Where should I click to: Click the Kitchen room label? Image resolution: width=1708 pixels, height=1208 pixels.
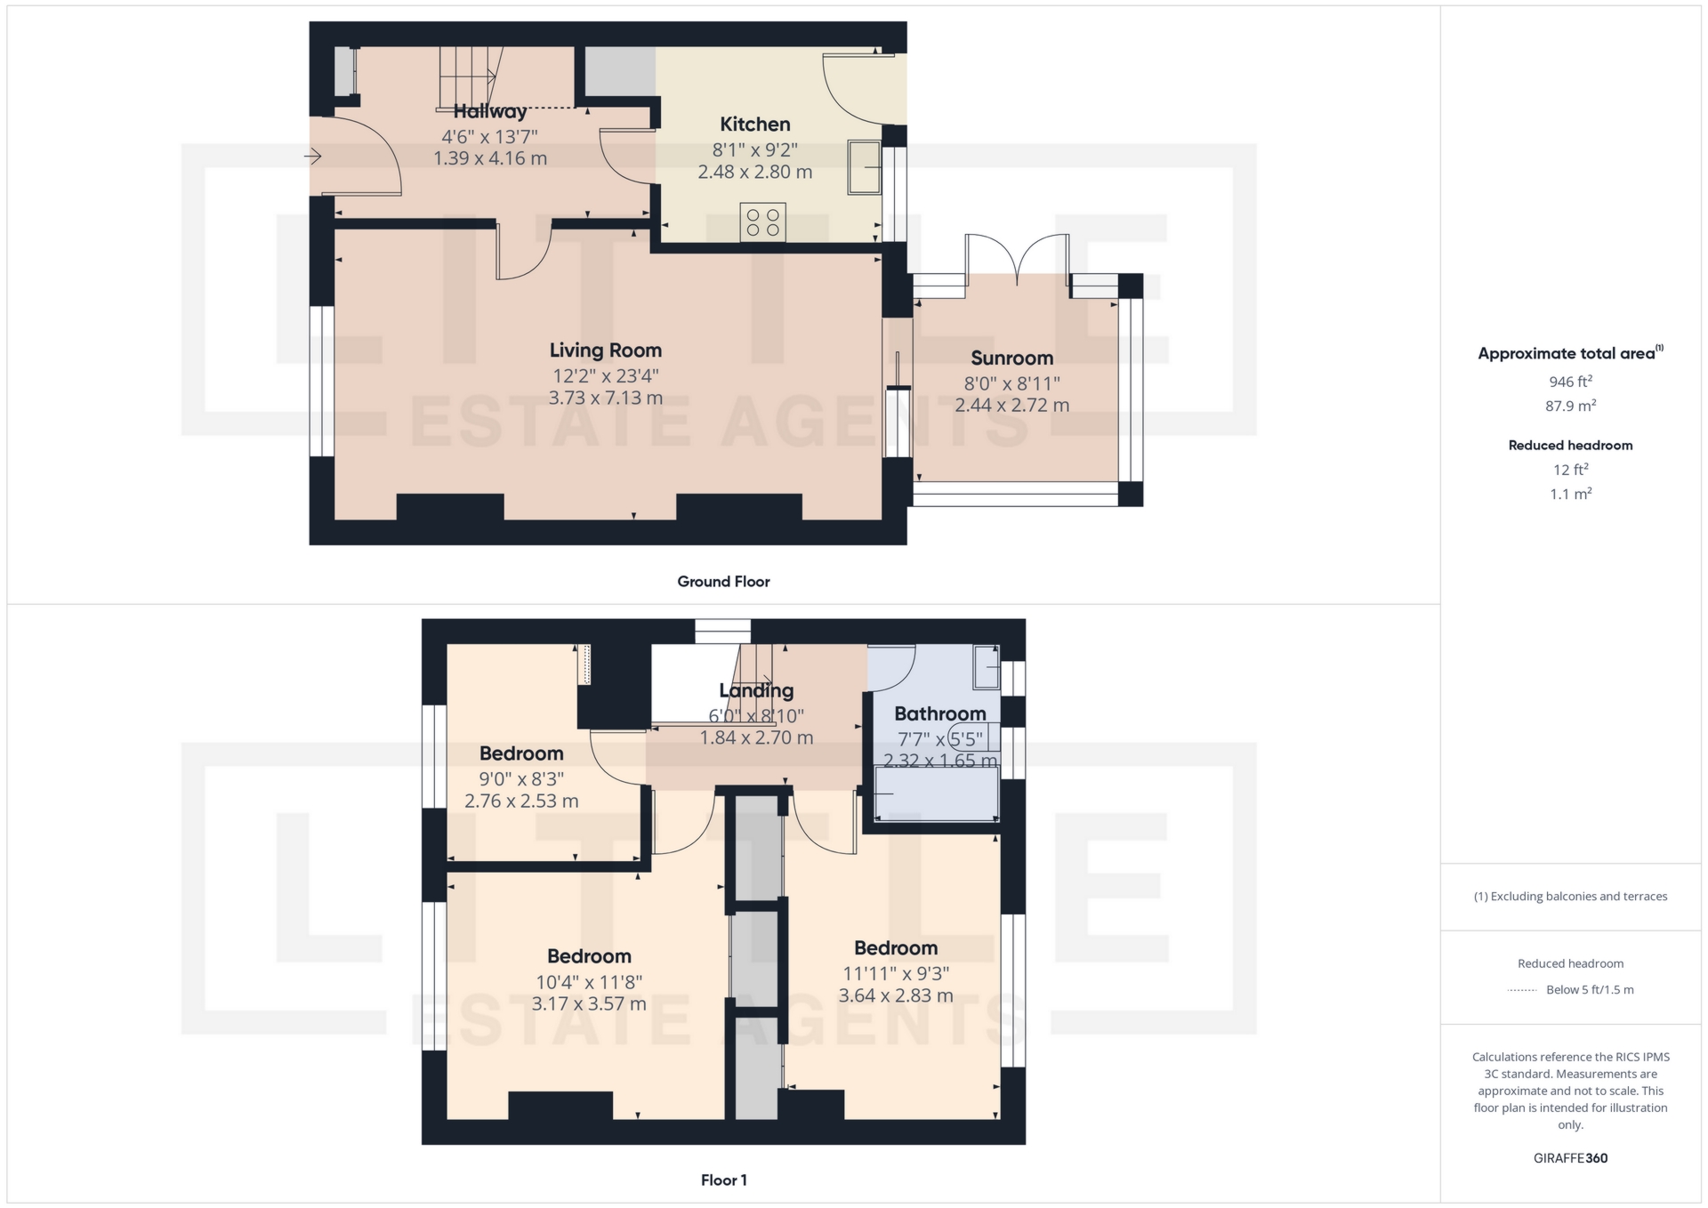[754, 125]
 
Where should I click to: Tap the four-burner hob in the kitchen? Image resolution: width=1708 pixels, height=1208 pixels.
[763, 222]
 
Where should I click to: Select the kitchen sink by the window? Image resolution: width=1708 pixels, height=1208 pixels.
[864, 166]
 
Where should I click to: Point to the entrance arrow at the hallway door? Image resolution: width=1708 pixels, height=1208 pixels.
[312, 157]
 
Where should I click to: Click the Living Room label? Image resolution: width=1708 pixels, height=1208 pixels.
[605, 350]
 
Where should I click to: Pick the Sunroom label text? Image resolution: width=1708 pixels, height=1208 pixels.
[1011, 358]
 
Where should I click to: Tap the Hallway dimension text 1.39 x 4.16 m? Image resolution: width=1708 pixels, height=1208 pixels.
[490, 158]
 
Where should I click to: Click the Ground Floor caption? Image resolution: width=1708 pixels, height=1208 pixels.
[723, 582]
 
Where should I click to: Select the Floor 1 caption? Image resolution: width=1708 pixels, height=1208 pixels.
[723, 1180]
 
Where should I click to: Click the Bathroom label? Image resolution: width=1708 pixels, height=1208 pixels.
[939, 713]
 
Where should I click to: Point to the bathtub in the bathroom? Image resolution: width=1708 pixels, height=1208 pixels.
[937, 793]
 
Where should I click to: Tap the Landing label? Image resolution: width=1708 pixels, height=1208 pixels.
[756, 690]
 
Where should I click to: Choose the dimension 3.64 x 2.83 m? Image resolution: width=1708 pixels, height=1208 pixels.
[896, 996]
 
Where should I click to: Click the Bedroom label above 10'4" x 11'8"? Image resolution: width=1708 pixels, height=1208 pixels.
[589, 956]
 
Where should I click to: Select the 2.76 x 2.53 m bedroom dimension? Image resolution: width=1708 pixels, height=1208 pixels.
[521, 801]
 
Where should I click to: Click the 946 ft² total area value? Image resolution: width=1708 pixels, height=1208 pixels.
[1570, 382]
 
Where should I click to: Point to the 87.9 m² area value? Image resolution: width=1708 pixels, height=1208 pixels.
[1570, 406]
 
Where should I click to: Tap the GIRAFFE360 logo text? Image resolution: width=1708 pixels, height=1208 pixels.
[1570, 1158]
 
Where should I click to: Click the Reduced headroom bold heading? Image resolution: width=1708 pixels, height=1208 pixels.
[1570, 446]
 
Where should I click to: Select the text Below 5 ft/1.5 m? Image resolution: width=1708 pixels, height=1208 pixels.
[1590, 990]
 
